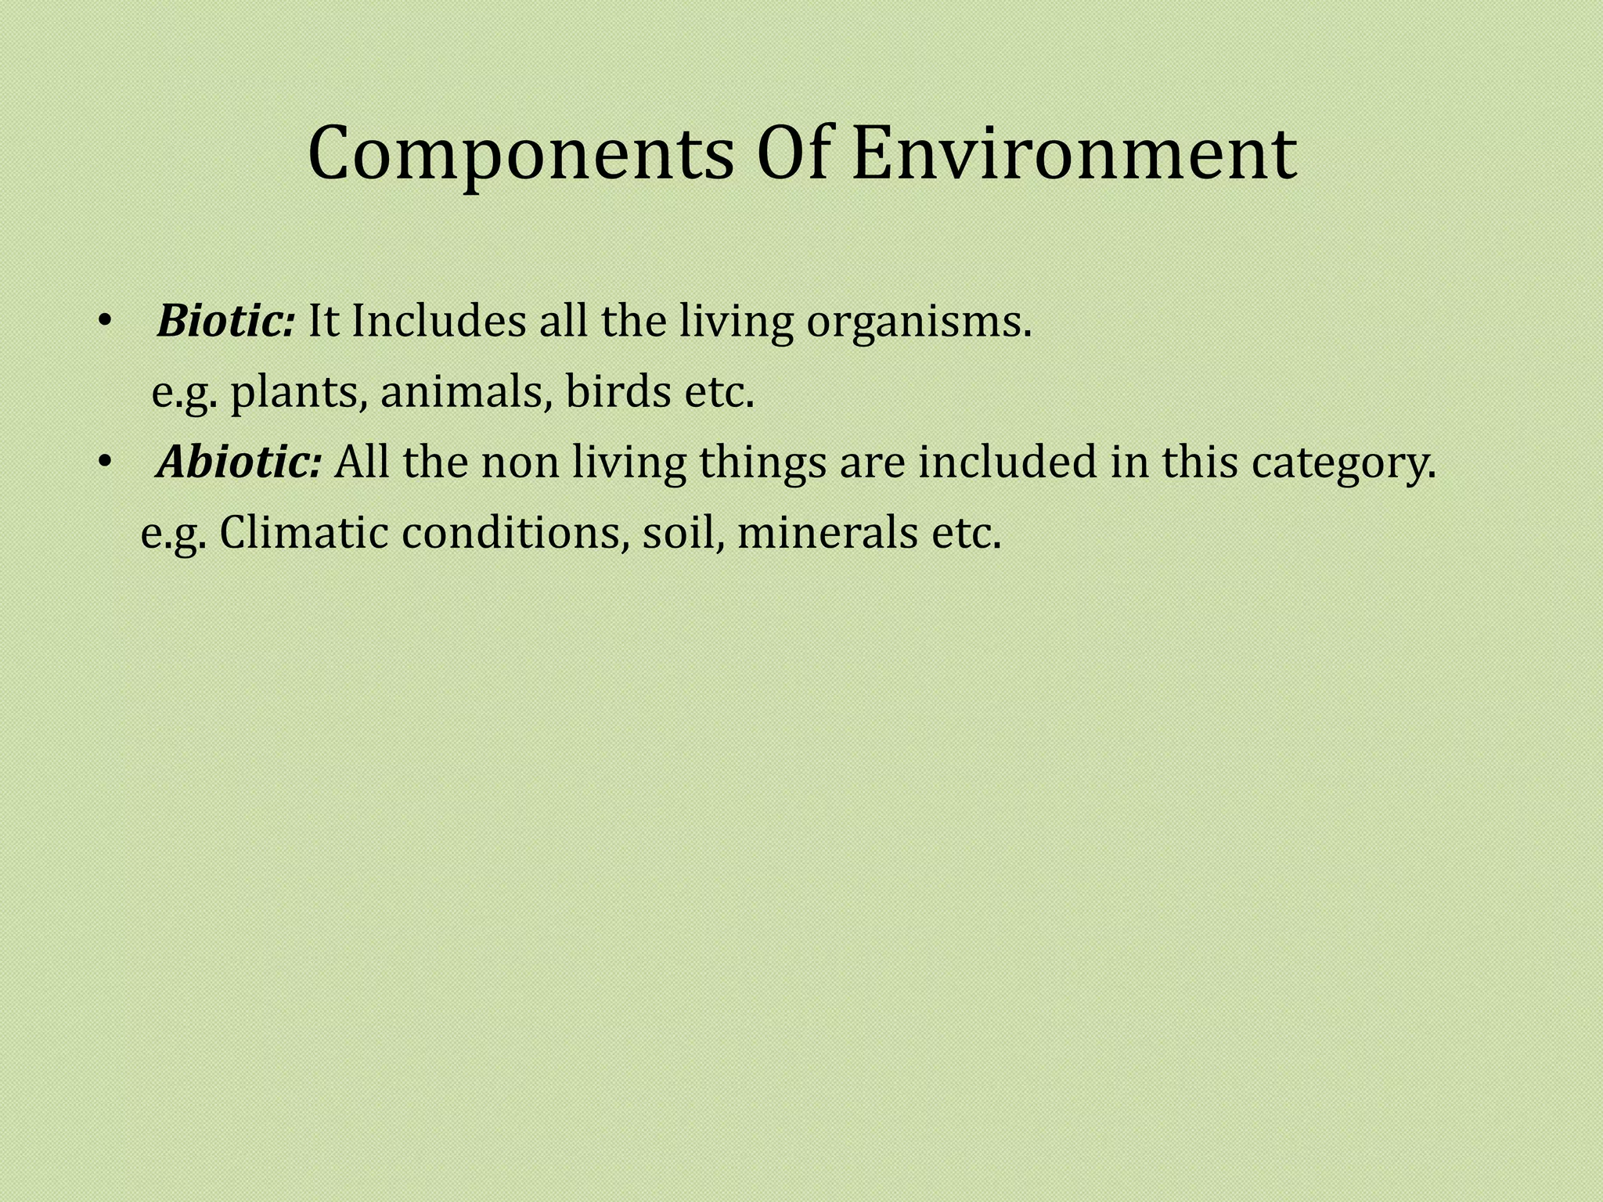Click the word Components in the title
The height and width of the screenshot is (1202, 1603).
[521, 154]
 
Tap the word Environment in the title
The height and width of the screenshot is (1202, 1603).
[1074, 154]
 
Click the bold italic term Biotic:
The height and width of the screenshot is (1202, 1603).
[225, 321]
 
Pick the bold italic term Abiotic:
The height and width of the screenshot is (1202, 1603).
[239, 462]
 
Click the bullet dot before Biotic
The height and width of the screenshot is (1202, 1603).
[105, 322]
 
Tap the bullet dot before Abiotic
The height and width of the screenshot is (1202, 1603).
[105, 463]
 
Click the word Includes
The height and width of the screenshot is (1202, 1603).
[438, 321]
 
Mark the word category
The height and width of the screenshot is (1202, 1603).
[1343, 463]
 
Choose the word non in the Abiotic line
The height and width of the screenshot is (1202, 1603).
[520, 463]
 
